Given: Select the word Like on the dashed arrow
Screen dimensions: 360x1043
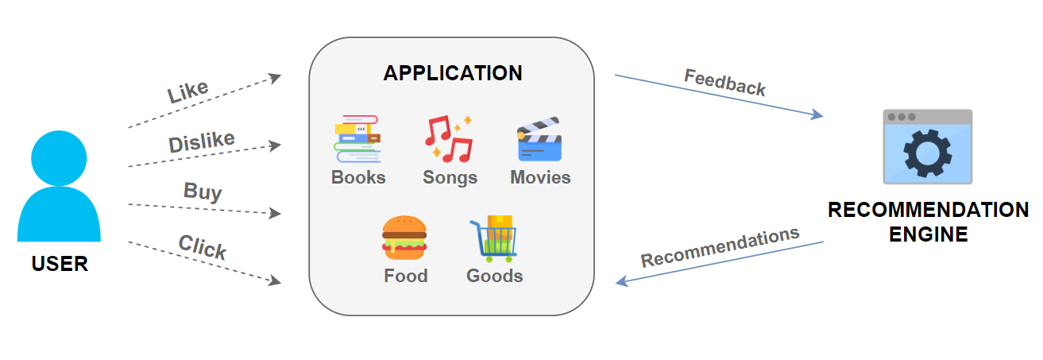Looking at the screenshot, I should pyautogui.click(x=188, y=91).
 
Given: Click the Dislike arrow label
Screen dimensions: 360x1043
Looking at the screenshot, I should pyautogui.click(x=202, y=142).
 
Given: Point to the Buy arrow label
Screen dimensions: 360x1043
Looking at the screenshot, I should pyautogui.click(x=203, y=191).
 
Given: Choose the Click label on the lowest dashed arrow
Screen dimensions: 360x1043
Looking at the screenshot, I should pyautogui.click(x=203, y=247).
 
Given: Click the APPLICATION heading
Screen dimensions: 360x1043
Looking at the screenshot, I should pyautogui.click(x=453, y=73).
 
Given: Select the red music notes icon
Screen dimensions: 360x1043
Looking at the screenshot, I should pyautogui.click(x=449, y=139).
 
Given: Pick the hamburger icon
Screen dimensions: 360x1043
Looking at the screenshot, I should pyautogui.click(x=404, y=238).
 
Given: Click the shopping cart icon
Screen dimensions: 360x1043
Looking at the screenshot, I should pyautogui.click(x=493, y=238).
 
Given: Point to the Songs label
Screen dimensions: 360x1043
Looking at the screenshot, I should pyautogui.click(x=450, y=177).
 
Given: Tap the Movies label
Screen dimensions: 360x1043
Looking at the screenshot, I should pyautogui.click(x=540, y=177).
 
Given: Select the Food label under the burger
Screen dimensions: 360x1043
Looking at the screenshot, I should pyautogui.click(x=405, y=276).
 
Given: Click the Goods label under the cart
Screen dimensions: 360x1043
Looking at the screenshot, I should pyautogui.click(x=494, y=276).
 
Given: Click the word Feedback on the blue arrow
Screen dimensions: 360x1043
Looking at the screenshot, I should pyautogui.click(x=724, y=82).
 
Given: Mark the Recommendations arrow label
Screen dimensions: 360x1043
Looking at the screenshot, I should pyautogui.click(x=720, y=247).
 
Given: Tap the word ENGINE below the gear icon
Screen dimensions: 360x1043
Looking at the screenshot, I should pyautogui.click(x=928, y=234).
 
